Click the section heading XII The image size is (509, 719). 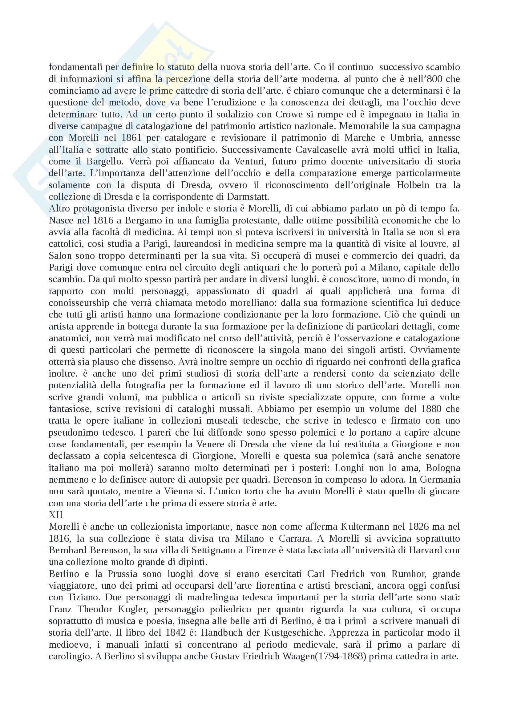coord(56,515)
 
